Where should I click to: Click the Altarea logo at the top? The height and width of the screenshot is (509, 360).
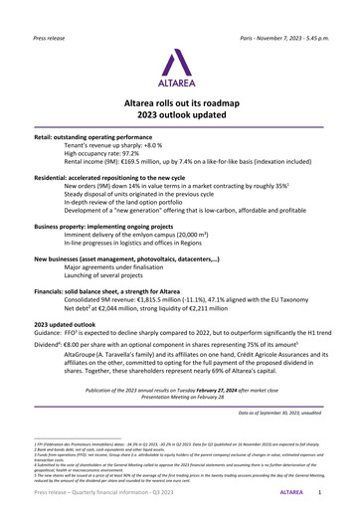(x=179, y=64)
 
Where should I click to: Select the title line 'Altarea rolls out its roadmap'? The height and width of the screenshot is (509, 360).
(x=179, y=102)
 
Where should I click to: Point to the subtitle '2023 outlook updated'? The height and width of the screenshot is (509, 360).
(x=179, y=115)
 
